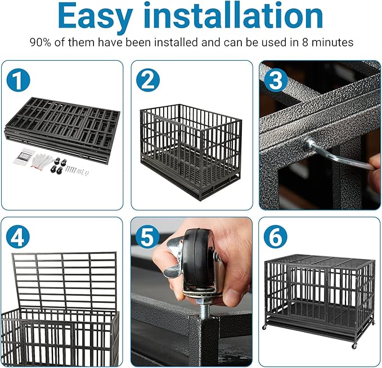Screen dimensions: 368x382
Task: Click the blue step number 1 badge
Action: point(19,81)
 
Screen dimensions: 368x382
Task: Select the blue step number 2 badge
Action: point(147,81)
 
